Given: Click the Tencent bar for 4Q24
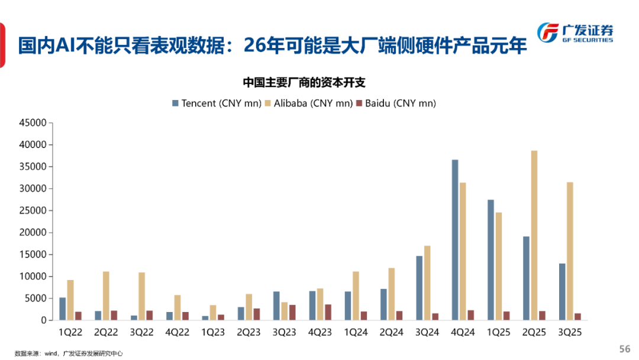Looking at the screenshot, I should pos(455,240).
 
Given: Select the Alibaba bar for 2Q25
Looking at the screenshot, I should pos(534,235).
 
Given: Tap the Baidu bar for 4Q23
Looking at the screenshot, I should pos(328,312).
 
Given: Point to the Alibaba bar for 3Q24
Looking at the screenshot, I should pos(427,283).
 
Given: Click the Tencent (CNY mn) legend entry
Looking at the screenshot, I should pos(217,103).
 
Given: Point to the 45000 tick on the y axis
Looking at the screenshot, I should pos(33,123).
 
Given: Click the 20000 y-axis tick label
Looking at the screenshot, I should pos(33,233).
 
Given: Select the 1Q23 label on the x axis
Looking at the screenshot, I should pos(213,333).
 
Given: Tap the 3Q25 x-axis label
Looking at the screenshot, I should pos(569,333).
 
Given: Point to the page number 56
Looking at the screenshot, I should pos(624,349).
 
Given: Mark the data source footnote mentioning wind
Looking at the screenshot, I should pos(69,353).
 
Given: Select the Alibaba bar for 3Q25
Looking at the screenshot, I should pos(570,251).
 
